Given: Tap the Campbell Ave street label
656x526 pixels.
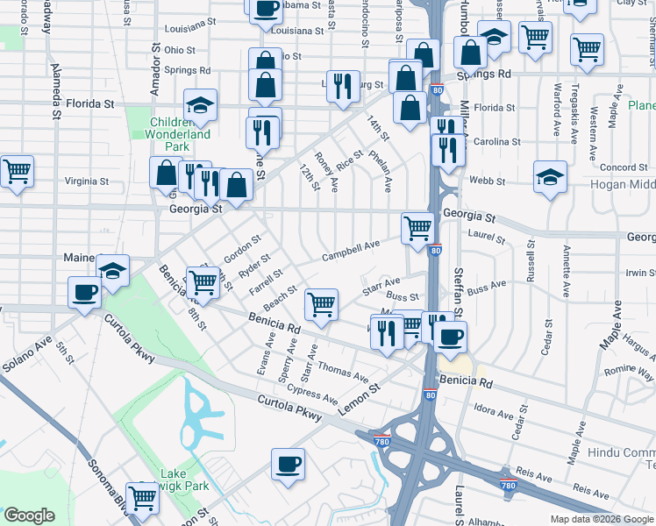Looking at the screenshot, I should pyautogui.click(x=350, y=251).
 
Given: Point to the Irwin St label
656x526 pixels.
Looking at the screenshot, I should pyautogui.click(x=638, y=274).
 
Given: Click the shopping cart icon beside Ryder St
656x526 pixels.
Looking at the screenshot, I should pyautogui.click(x=203, y=281).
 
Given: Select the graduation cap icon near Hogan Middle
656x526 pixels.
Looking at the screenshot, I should pyautogui.click(x=550, y=175).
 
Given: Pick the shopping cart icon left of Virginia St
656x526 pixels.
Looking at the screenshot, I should pyautogui.click(x=17, y=171).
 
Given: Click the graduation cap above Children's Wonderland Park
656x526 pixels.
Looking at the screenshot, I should pyautogui.click(x=201, y=105).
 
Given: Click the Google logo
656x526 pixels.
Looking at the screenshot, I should pyautogui.click(x=29, y=515).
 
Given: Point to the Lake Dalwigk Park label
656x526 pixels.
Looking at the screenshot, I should pyautogui.click(x=184, y=480).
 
